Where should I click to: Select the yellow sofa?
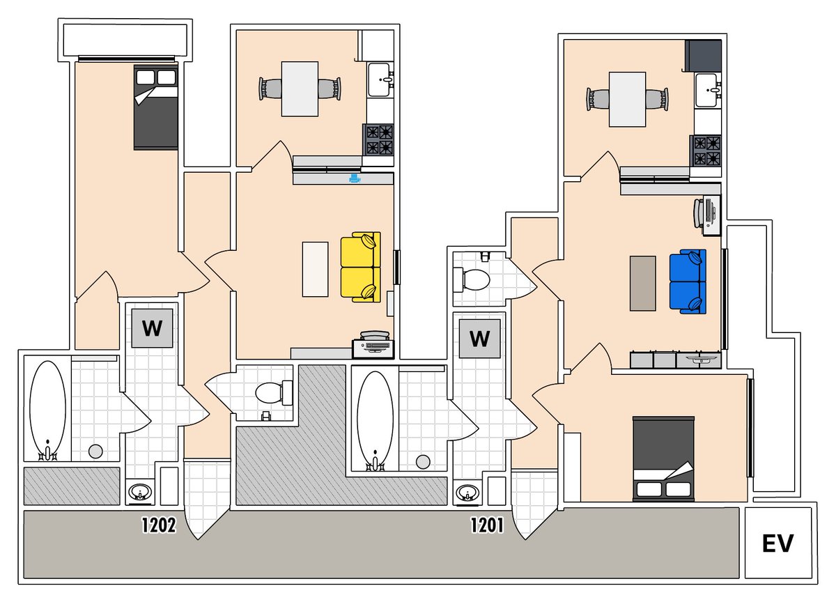coord(361,268)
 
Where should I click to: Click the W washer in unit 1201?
coord(479,339)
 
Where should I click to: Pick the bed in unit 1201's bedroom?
coord(663,458)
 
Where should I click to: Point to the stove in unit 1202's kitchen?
coord(378,139)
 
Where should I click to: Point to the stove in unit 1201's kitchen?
coord(705,150)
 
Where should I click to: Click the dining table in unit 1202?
coord(300,88)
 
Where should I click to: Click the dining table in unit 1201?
coord(627,98)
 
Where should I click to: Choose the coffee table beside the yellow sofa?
coord(316,268)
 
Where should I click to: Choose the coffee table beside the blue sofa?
coord(642,283)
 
